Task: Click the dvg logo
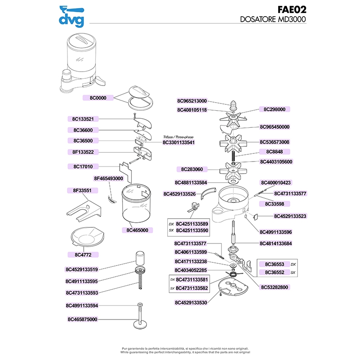72,16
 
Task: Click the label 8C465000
137,230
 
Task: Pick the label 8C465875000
82,319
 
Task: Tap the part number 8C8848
274,152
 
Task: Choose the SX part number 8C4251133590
192,230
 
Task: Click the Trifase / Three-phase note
179,136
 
